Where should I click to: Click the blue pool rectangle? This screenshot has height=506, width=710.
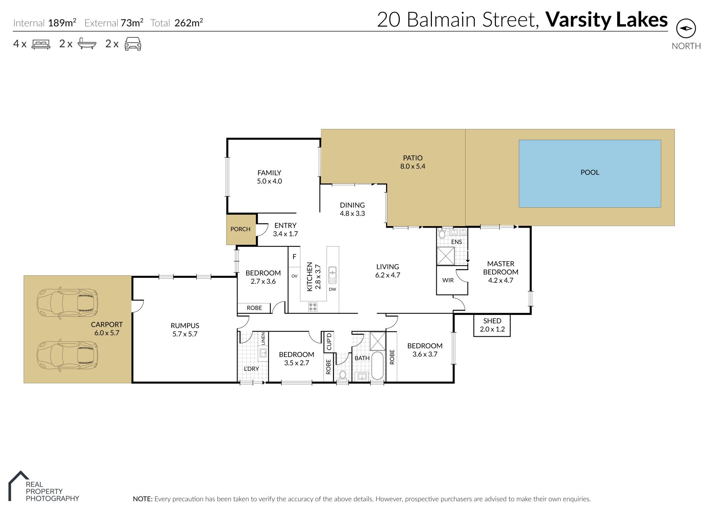(590, 173)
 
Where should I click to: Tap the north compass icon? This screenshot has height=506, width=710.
(686, 28)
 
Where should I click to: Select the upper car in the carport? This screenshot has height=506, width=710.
(67, 303)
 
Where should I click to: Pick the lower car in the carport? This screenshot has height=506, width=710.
(67, 356)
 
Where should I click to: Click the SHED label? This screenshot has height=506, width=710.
(492, 321)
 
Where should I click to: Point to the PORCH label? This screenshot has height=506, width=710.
(240, 229)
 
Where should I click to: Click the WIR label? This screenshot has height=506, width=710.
(448, 280)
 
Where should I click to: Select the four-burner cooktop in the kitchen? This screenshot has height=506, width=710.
(313, 306)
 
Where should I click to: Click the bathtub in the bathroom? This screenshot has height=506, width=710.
(377, 366)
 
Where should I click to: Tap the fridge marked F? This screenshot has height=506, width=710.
(294, 257)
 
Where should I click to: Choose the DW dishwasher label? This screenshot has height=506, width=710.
(332, 289)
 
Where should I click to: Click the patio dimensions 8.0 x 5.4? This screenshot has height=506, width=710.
(413, 166)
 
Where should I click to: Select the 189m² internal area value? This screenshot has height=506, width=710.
(62, 23)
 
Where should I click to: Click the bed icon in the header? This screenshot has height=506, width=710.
(41, 44)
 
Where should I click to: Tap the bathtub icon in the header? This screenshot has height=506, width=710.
(87, 44)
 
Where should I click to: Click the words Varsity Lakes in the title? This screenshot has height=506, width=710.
(607, 20)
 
